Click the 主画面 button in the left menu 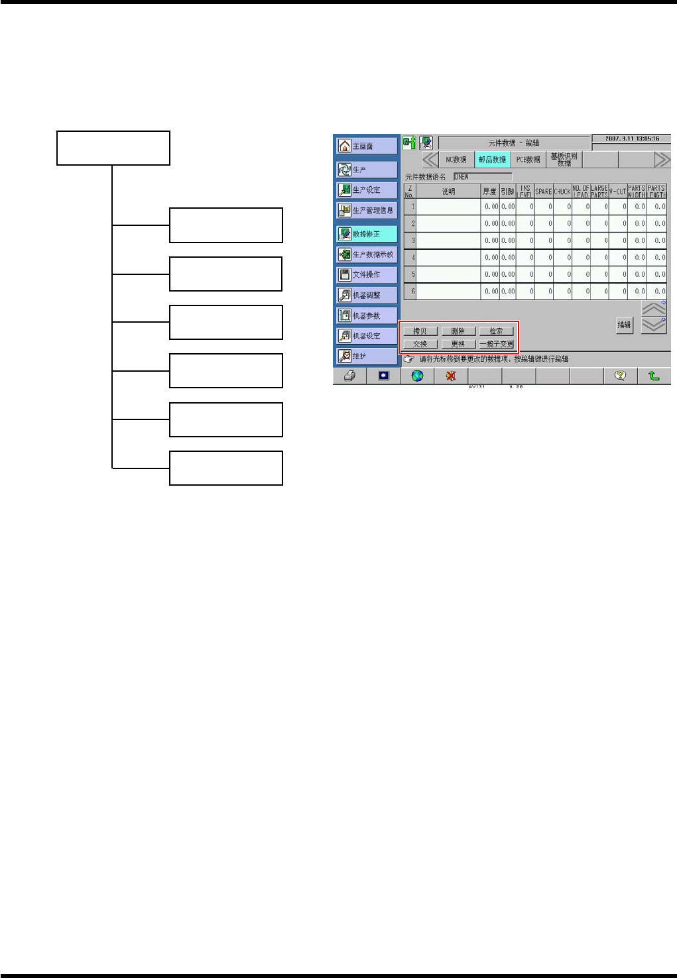(x=366, y=146)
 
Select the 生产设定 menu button (x=366, y=190)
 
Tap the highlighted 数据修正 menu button (x=366, y=234)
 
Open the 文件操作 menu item (x=366, y=274)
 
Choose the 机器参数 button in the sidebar (x=366, y=315)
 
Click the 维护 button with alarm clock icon (x=366, y=356)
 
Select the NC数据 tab (x=456, y=160)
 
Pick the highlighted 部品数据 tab (x=492, y=160)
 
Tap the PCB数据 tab (x=528, y=160)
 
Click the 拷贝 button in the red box (x=420, y=331)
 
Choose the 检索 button (x=496, y=331)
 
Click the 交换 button (x=420, y=344)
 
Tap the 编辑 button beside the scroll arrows (x=624, y=325)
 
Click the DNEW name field (x=482, y=177)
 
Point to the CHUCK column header (x=562, y=191)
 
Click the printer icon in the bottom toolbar (x=349, y=376)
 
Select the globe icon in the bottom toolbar (x=417, y=376)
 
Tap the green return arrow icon (x=654, y=376)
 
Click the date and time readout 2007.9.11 (x=631, y=139)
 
